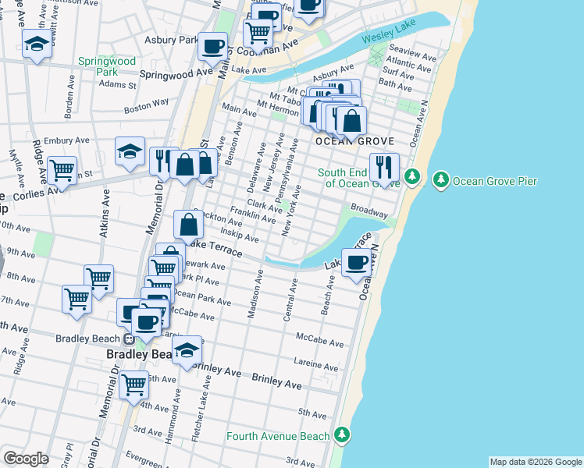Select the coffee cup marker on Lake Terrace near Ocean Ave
(357, 263)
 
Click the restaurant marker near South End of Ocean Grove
(384, 166)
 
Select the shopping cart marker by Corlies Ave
(62, 168)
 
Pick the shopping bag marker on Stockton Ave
(190, 225)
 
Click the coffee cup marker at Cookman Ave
(212, 45)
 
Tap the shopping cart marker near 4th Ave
(134, 385)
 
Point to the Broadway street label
(369, 211)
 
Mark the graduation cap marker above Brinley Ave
(187, 349)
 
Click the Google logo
(26, 459)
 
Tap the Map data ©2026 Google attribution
(535, 462)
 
